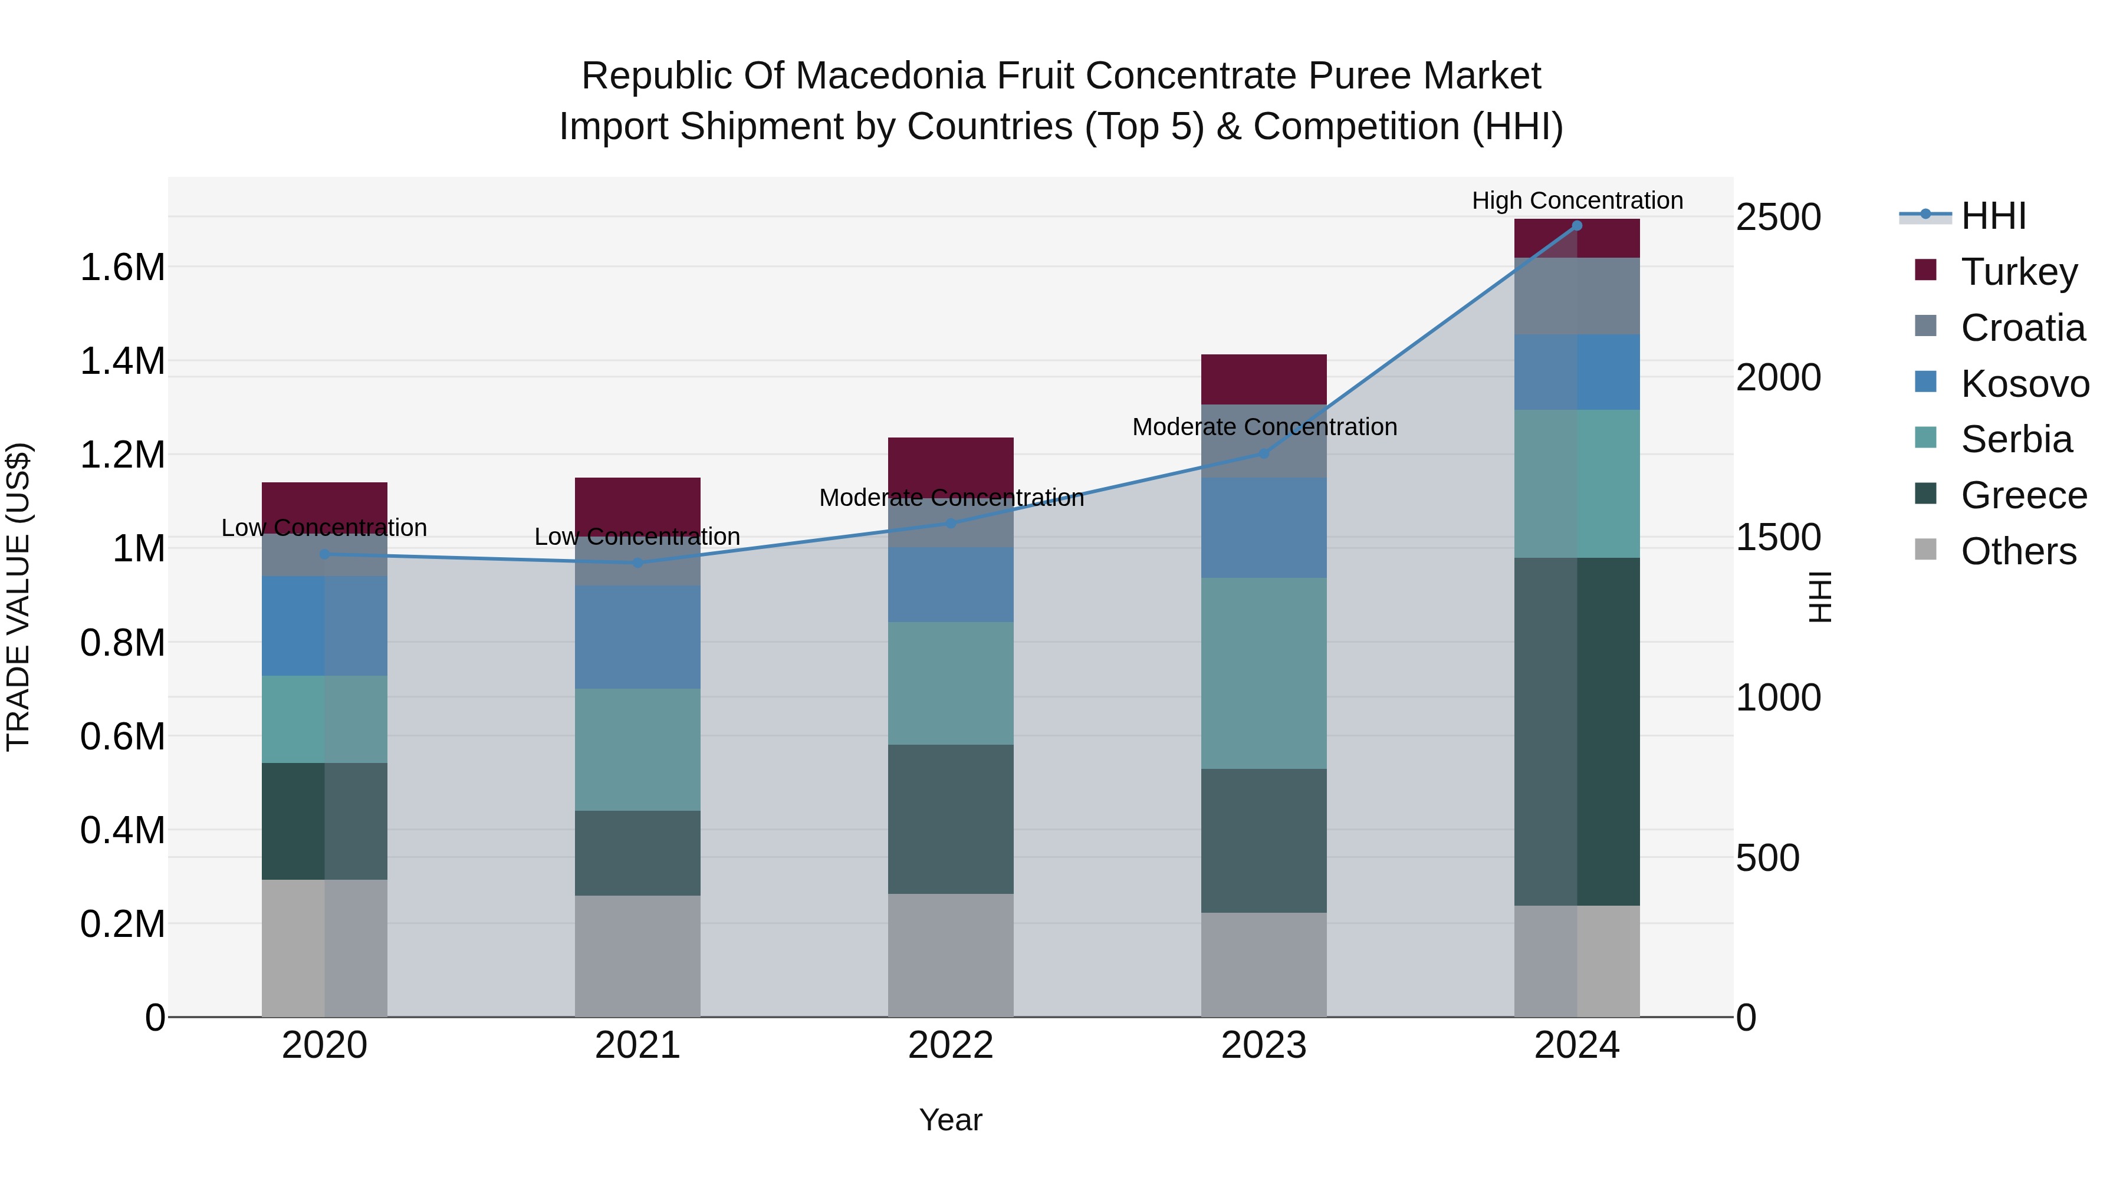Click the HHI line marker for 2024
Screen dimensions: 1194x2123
(x=1576, y=226)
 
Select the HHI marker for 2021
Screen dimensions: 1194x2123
(x=637, y=563)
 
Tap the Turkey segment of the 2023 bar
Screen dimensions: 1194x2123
(x=1263, y=379)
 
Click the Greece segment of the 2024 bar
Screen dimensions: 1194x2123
(x=1576, y=732)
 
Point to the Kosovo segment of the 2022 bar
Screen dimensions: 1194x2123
(x=950, y=584)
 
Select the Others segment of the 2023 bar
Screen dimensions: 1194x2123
(x=1263, y=964)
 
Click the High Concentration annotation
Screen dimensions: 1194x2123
(x=1576, y=200)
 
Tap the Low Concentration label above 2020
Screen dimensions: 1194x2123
(x=324, y=527)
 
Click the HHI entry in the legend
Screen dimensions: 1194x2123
(x=1992, y=216)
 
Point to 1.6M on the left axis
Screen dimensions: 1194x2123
(x=122, y=268)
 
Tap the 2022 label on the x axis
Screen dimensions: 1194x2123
(x=950, y=1045)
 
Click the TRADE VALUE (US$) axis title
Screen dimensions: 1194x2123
(x=18, y=597)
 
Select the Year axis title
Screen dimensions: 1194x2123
(x=950, y=1120)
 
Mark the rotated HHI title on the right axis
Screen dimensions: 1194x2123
(x=1818, y=597)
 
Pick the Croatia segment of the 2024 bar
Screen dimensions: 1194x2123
(x=1576, y=296)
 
